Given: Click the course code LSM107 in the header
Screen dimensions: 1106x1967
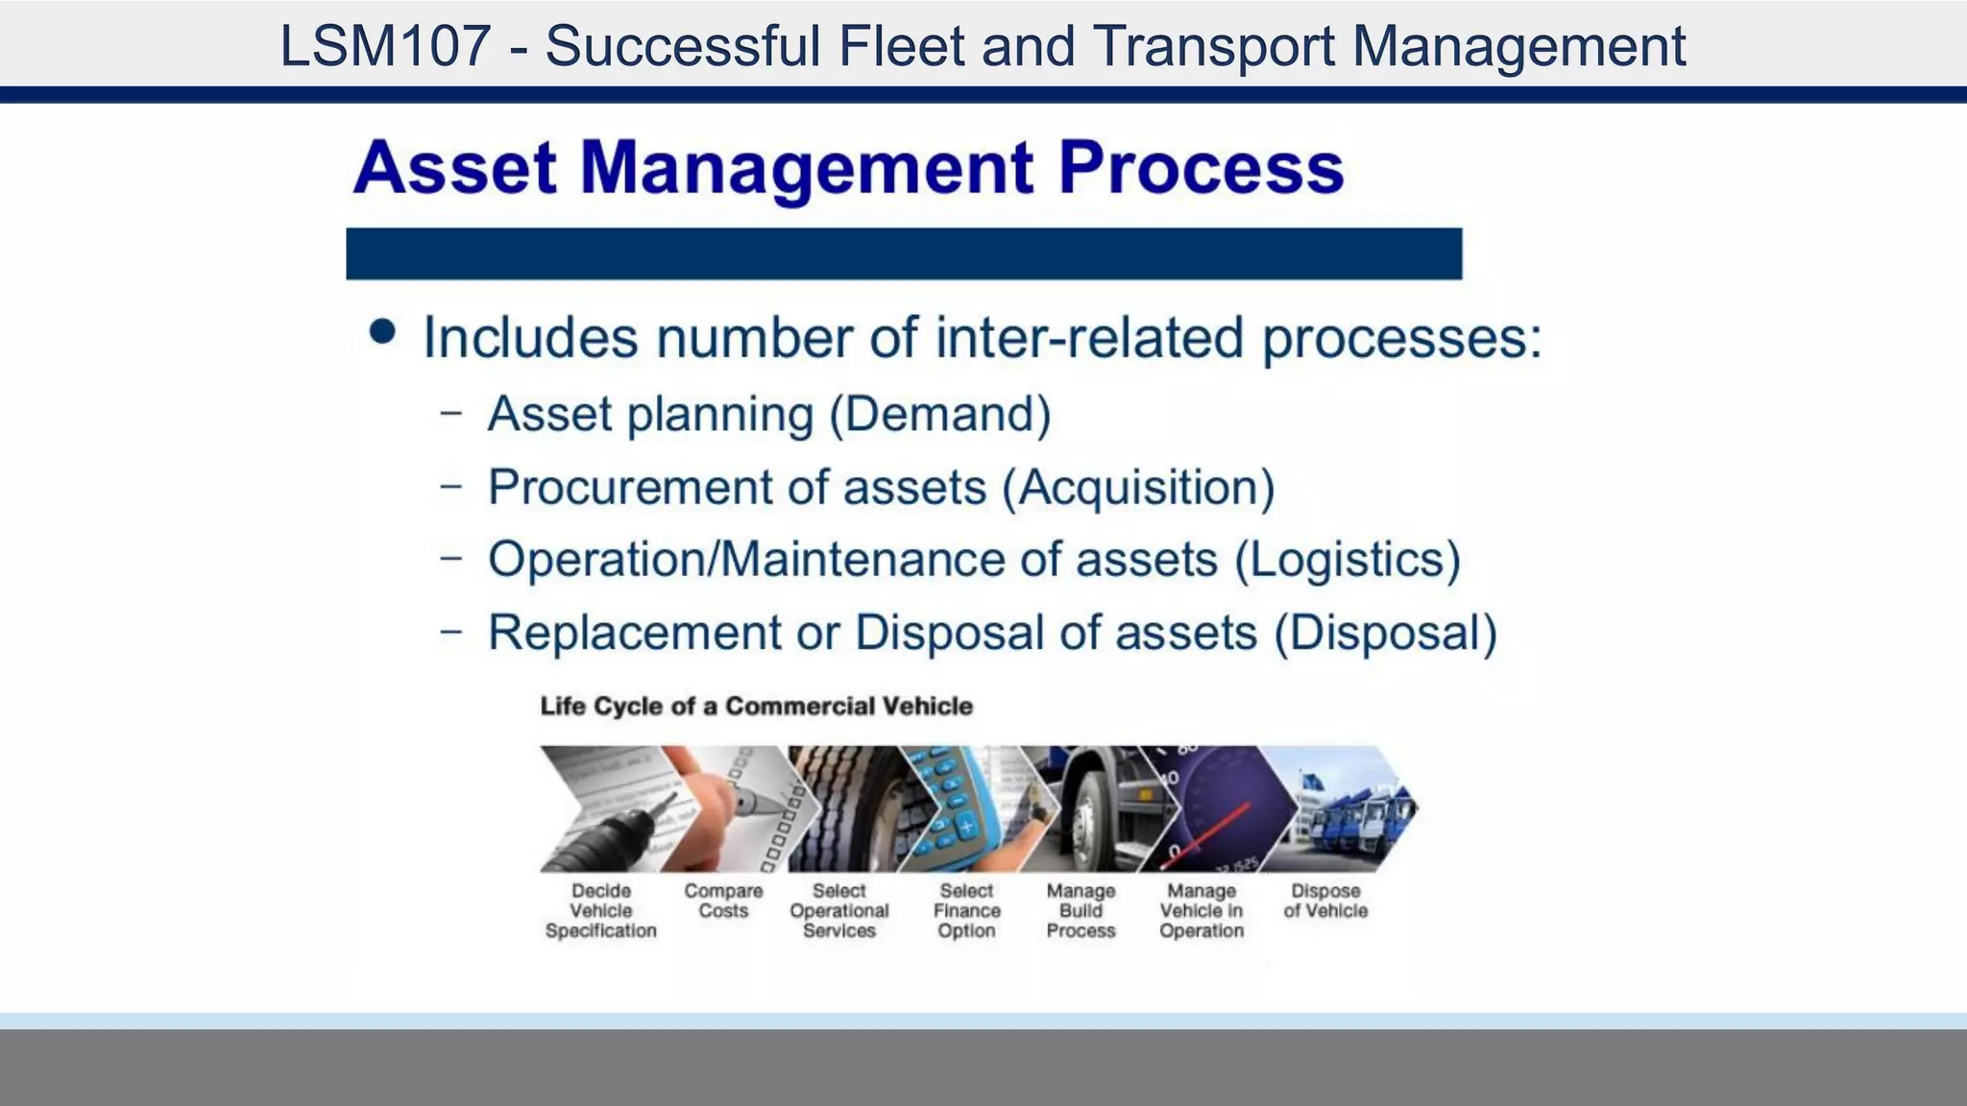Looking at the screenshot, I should (385, 45).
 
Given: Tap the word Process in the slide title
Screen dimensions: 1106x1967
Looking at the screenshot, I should (1200, 168).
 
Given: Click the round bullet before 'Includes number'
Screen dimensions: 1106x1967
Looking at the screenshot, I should (382, 331).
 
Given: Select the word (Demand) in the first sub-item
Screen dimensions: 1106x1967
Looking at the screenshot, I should (939, 415).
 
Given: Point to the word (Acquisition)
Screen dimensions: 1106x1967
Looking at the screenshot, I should (1138, 488).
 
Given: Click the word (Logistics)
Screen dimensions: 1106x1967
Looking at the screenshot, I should (1348, 560).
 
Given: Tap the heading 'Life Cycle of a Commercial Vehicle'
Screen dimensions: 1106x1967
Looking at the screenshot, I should (756, 707).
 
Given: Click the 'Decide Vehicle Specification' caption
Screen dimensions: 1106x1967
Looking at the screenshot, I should (601, 910).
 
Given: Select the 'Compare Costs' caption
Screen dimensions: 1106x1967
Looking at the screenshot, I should (723, 901).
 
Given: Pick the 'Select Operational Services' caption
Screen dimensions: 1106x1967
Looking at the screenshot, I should (839, 910).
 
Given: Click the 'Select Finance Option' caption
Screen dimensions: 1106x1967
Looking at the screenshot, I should (966, 910).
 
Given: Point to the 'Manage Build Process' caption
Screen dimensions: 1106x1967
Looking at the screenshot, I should (1081, 910).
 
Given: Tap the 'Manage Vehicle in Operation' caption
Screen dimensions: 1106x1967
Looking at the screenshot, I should (1201, 910).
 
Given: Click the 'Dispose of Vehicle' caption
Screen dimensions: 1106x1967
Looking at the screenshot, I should (1325, 901).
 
